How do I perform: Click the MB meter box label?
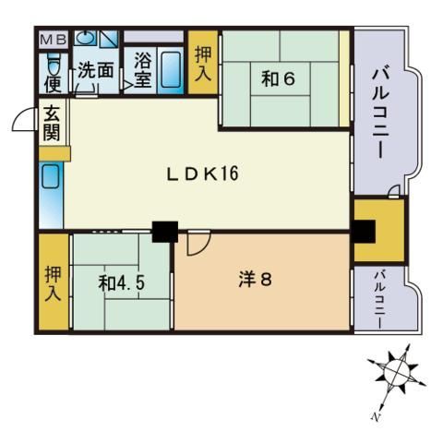(x=54, y=40)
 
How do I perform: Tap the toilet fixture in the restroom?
(x=54, y=64)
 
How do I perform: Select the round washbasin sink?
(x=84, y=38)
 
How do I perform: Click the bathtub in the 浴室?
(x=171, y=69)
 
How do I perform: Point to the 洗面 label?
(x=96, y=70)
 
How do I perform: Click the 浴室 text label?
(x=143, y=69)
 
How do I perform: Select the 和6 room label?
(x=278, y=78)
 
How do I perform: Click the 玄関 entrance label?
(x=52, y=123)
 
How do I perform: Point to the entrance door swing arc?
(x=20, y=114)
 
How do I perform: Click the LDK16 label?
(x=203, y=174)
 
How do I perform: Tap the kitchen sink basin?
(x=50, y=176)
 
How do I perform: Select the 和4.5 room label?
(x=122, y=282)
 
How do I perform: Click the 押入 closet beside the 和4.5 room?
(x=54, y=281)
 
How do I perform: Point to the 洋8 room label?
(x=256, y=280)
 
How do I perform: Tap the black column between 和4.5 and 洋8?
(x=165, y=232)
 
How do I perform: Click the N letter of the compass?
(x=375, y=417)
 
